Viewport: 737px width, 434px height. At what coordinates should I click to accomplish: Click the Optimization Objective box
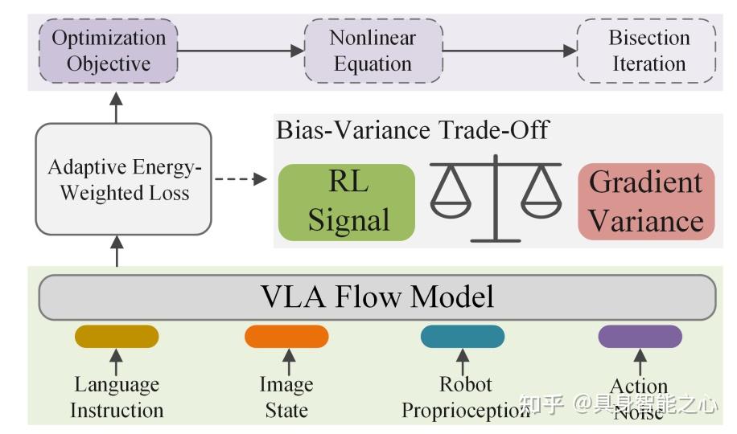click(x=108, y=50)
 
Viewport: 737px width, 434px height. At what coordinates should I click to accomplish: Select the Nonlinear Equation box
click(x=373, y=50)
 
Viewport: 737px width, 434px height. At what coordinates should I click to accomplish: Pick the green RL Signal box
click(x=348, y=202)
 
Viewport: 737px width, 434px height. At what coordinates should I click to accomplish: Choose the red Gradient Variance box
click(x=645, y=202)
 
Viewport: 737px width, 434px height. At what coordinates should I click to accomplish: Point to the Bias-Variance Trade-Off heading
click(x=412, y=130)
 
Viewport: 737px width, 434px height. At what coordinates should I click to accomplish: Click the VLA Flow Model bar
click(x=377, y=297)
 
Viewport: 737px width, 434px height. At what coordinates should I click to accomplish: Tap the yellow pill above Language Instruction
click(x=116, y=336)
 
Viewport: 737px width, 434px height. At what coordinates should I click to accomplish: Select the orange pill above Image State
click(x=286, y=336)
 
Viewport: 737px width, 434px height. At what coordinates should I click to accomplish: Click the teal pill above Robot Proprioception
click(x=462, y=336)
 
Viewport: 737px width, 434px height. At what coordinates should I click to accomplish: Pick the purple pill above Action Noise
click(x=640, y=336)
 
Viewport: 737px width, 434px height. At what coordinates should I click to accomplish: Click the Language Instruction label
click(x=117, y=397)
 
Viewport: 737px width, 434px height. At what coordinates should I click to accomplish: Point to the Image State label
click(x=286, y=397)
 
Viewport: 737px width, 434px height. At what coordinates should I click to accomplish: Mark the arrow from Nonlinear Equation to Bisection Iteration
click(x=508, y=50)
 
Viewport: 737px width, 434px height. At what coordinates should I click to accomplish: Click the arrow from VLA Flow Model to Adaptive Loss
click(x=117, y=254)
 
